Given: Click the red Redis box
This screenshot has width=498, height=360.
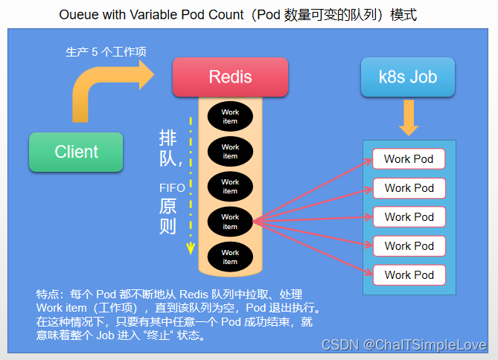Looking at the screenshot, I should point(229,77).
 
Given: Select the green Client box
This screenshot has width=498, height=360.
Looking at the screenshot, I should point(76,152).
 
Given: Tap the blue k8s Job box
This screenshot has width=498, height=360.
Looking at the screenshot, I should point(408,77).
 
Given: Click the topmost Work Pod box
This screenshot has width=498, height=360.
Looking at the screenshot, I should point(409,159).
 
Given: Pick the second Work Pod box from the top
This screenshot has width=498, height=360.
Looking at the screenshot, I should point(409,188).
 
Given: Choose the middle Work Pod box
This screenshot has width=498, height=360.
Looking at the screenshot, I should point(409,217).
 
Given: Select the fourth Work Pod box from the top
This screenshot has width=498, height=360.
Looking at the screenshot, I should point(409,246).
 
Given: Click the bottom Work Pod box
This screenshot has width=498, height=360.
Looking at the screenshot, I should point(409,274).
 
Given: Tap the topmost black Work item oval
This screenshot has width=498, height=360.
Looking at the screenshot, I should point(230,116).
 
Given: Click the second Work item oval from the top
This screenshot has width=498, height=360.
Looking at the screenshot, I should point(230,152).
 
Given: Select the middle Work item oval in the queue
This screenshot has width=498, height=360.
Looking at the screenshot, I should point(230,187).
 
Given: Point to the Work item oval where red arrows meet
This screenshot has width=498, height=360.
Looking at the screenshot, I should point(230,222).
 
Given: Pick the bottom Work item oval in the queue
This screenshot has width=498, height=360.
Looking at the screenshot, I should point(230,257).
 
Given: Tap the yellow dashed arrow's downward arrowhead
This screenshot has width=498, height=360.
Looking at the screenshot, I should point(191,248).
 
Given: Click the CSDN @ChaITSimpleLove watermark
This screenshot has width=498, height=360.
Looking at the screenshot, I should point(403,345).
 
